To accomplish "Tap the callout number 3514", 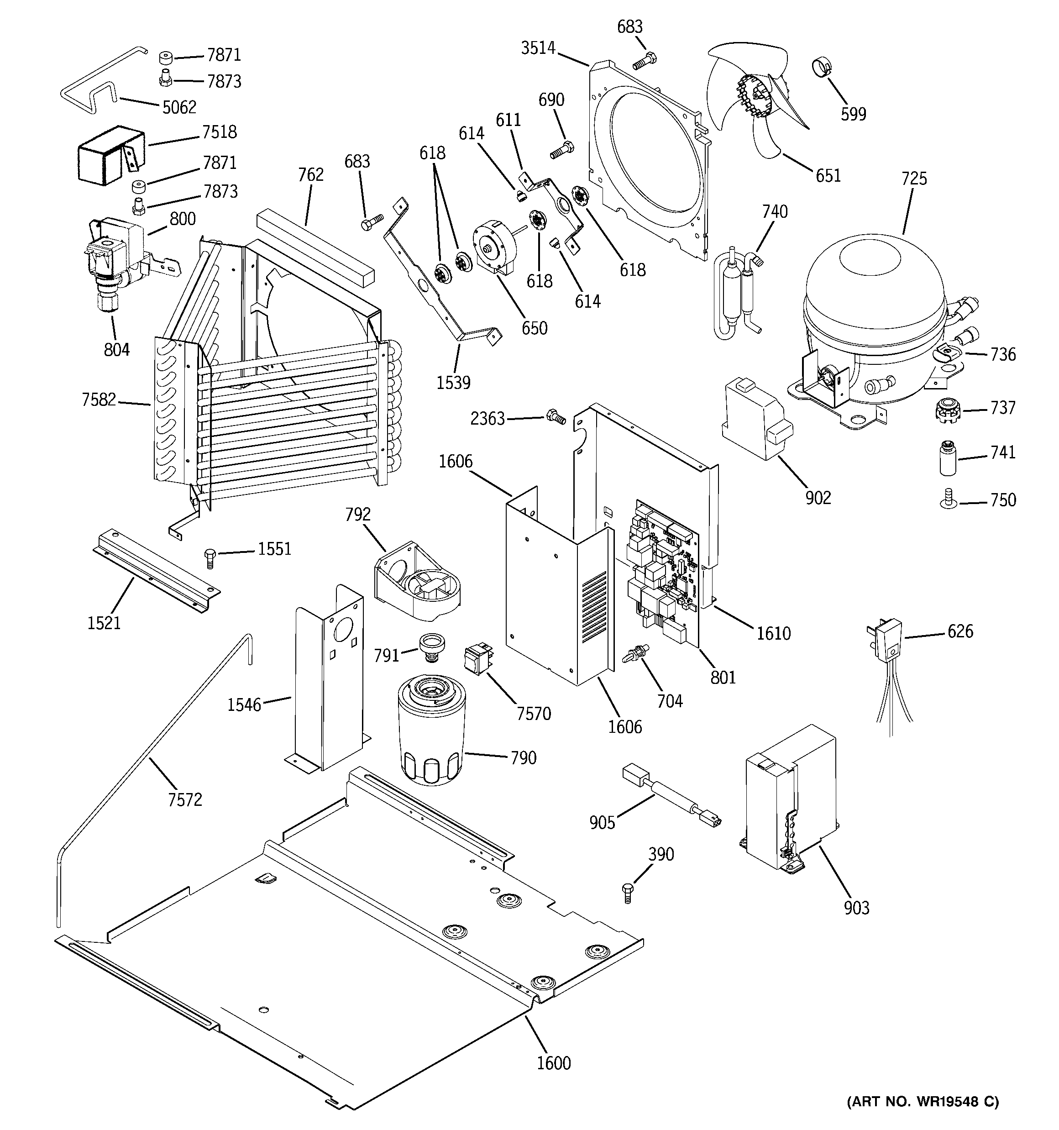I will [x=538, y=48].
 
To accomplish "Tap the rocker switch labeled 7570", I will [x=477, y=659].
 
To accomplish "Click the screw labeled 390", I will [x=628, y=893].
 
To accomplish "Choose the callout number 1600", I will [x=554, y=1062].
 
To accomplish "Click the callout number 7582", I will [x=98, y=399].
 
